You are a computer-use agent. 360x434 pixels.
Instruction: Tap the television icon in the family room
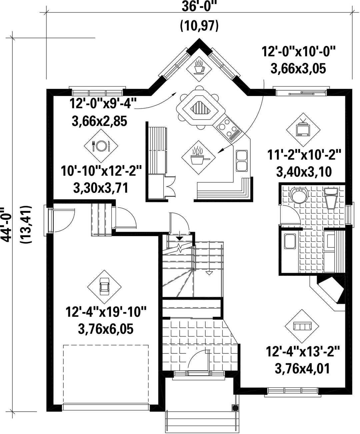303,130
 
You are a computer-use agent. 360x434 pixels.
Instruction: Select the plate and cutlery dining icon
101,146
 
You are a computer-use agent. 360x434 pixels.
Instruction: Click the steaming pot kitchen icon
198,158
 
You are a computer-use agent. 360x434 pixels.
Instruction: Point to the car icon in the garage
104,287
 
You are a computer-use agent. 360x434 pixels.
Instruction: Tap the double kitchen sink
242,161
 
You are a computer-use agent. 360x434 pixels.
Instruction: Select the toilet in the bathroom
331,198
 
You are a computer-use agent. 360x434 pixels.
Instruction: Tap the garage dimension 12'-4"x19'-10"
106,312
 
